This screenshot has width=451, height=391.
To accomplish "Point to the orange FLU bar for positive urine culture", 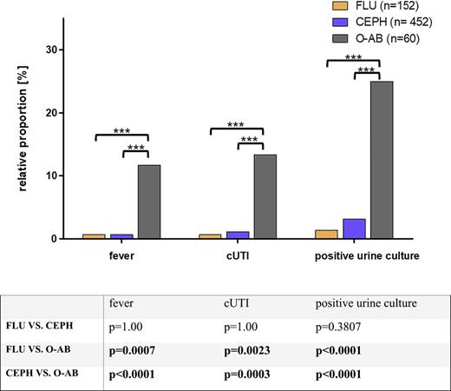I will tap(327, 234).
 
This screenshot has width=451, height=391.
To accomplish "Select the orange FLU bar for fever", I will tap(95, 236).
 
